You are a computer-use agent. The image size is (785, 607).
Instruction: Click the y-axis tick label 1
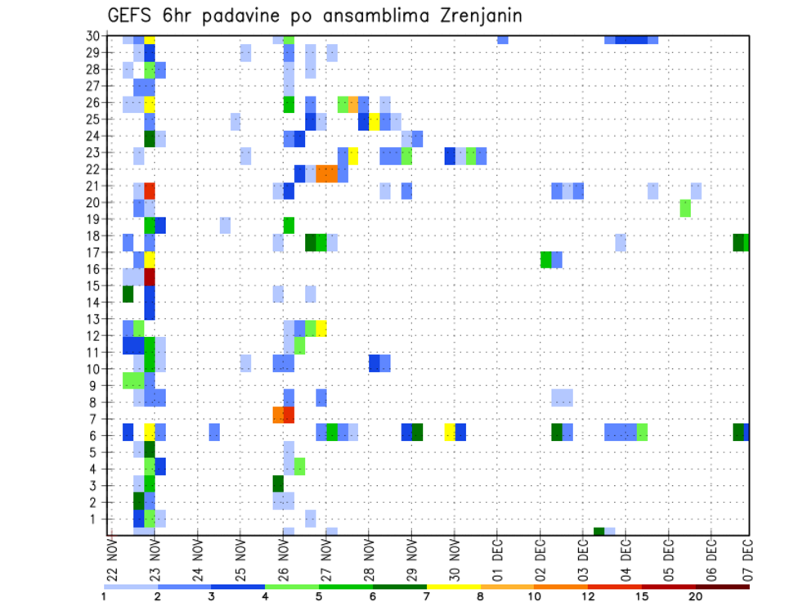tap(96, 519)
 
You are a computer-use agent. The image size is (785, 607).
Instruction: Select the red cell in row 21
tap(150, 191)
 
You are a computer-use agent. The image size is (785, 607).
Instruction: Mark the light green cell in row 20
tap(685, 208)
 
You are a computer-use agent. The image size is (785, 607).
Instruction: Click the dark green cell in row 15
tap(128, 293)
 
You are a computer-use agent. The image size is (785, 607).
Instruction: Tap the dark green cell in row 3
tap(278, 483)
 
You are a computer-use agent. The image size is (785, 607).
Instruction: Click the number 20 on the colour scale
tap(696, 597)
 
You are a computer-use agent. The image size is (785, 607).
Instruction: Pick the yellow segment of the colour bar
tap(454, 587)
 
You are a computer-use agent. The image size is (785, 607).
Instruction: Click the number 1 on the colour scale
tap(104, 597)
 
